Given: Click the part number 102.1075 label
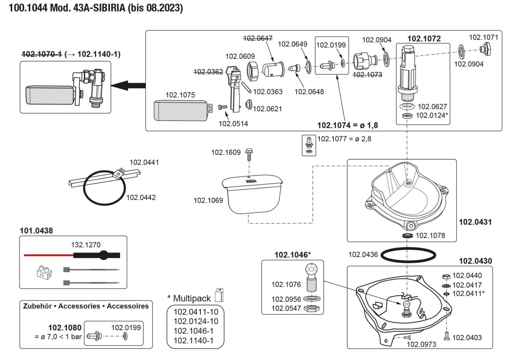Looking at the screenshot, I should pos(180,95).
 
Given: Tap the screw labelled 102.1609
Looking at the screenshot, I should pos(249,154).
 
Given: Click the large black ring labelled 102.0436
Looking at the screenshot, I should pos(408,256).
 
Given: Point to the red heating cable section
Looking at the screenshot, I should pos(48,255).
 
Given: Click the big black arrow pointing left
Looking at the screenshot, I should pos(128,85).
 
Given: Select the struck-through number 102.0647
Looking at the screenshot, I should pos(258,38).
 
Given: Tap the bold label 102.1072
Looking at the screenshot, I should pos(424,39).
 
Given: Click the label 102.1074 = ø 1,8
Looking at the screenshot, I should pos(347,125).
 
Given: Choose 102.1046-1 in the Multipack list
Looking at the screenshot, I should pos(193,331).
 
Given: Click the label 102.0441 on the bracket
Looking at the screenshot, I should pos(144,162).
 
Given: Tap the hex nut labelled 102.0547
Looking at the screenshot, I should pos(312,309).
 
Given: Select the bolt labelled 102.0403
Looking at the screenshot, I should pos(447,336).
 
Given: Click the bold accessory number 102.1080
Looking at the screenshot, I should pos(65,328).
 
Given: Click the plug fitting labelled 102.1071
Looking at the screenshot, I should pos(485,49).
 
